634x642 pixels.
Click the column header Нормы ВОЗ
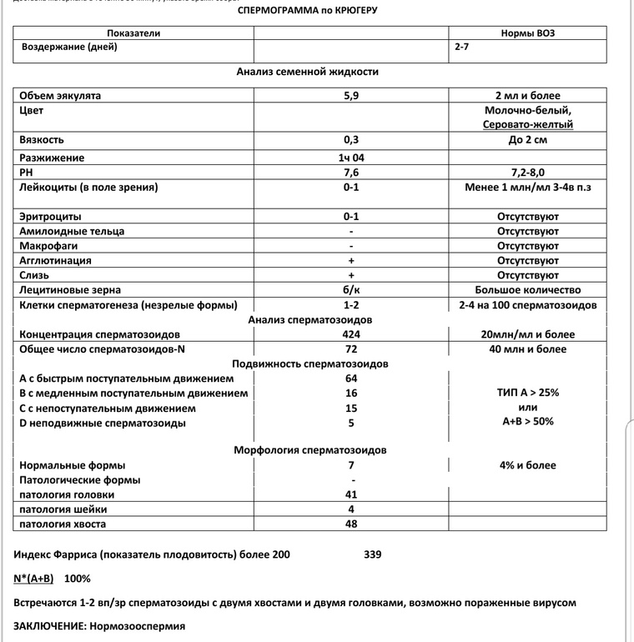point(527,33)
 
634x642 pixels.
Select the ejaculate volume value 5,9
point(351,96)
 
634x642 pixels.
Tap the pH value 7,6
point(351,173)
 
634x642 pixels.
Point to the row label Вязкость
point(41,139)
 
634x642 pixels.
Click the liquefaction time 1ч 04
point(351,158)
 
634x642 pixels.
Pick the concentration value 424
point(351,334)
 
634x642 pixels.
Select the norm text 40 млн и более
point(527,349)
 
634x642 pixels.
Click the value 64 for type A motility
point(351,379)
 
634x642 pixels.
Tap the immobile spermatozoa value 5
point(351,423)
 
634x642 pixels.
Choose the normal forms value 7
point(351,465)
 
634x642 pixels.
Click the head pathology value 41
point(351,494)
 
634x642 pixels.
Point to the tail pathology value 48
point(351,524)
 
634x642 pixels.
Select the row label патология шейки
point(59,509)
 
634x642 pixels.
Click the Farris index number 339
point(373,554)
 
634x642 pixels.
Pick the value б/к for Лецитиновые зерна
point(351,290)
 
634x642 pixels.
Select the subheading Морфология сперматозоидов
point(309,450)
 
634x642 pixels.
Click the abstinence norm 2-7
point(461,48)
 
